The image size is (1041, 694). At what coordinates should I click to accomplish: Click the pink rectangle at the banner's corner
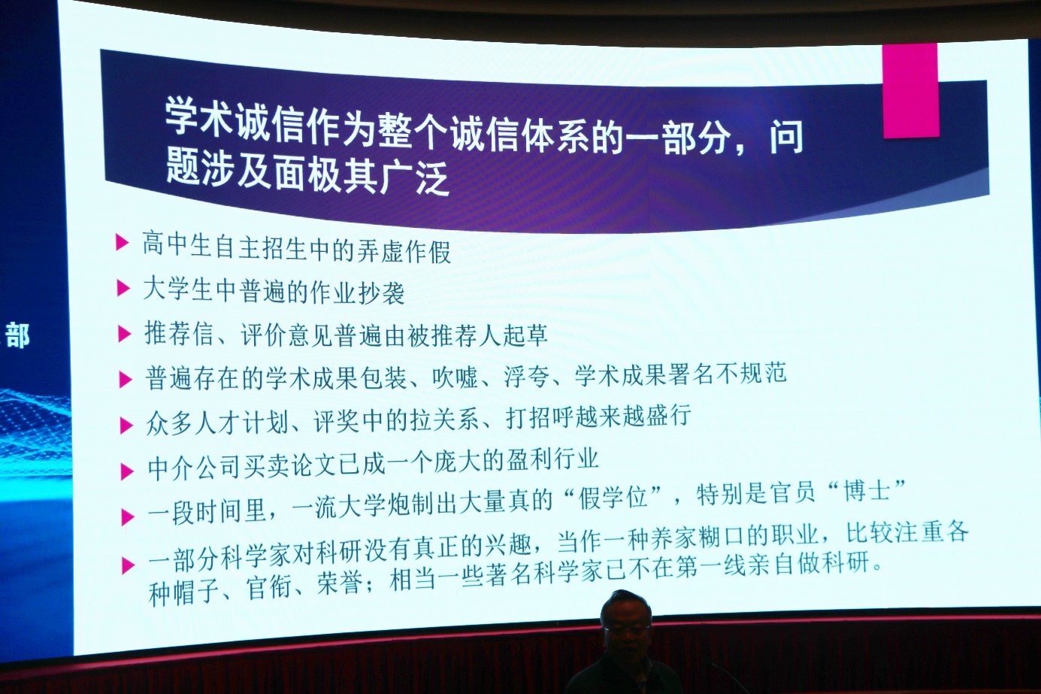tap(910, 90)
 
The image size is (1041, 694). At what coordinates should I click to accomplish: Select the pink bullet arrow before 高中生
tap(122, 242)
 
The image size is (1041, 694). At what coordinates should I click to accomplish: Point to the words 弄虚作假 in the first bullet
tap(404, 251)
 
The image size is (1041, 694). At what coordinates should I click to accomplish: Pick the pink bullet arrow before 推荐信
tap(124, 333)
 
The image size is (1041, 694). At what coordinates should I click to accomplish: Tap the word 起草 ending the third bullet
tap(525, 334)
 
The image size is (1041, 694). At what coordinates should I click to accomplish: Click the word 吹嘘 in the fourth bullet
tap(455, 377)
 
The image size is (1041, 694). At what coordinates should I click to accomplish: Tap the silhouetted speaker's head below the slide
tap(625, 619)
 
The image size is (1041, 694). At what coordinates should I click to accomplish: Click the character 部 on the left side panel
tap(17, 335)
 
